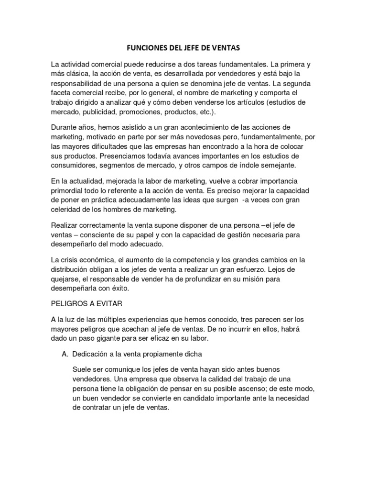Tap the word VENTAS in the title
point(228,48)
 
